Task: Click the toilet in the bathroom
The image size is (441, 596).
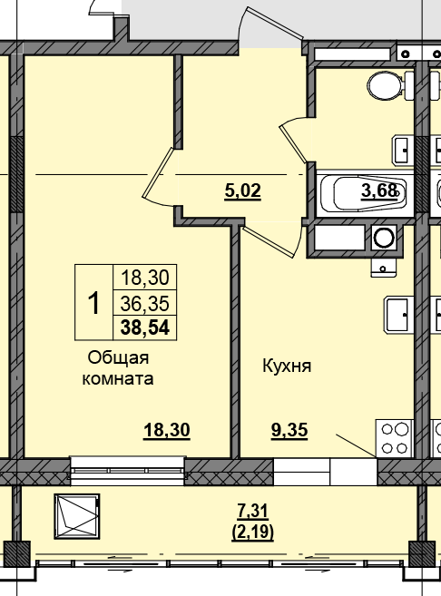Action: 387,87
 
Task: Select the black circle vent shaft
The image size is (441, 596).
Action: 385,239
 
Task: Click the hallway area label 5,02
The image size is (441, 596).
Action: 242,191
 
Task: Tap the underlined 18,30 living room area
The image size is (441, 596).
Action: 166,431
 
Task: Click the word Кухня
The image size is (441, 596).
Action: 287,366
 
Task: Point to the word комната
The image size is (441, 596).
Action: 117,378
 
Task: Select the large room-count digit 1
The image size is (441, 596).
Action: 92,302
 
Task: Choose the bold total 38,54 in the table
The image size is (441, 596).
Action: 143,327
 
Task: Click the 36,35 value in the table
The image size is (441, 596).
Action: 143,303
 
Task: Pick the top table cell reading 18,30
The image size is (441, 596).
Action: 143,278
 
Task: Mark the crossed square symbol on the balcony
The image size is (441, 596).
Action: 77,517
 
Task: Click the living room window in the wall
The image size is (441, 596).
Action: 127,471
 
